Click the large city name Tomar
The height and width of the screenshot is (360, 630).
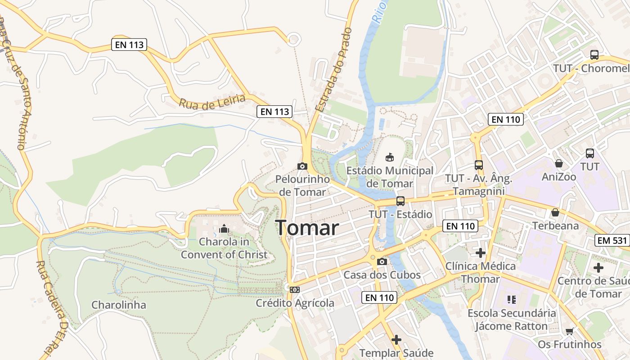[307, 228]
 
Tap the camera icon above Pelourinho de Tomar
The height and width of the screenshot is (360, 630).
[302, 166]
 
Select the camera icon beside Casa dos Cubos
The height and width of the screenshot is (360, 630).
[382, 261]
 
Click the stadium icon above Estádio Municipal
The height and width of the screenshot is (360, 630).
[390, 157]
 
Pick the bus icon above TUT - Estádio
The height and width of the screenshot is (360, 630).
[400, 201]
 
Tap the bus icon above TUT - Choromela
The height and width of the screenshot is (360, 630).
[594, 55]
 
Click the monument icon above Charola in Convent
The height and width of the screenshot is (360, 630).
[224, 229]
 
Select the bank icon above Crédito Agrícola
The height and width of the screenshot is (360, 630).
[295, 289]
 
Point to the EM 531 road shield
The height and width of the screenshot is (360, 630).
[612, 240]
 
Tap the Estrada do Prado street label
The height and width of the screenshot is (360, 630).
[333, 69]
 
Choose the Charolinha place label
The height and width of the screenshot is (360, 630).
[119, 305]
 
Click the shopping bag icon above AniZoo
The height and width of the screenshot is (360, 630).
[558, 163]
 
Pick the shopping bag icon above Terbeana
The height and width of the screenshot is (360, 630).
[555, 212]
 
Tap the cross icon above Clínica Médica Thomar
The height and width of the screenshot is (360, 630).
[481, 252]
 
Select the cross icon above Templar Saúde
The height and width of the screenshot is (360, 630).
[396, 340]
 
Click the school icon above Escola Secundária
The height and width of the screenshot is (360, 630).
[511, 299]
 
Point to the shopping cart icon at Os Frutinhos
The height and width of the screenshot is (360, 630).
[569, 331]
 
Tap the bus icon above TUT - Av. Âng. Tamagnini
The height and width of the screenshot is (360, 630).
[478, 165]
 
